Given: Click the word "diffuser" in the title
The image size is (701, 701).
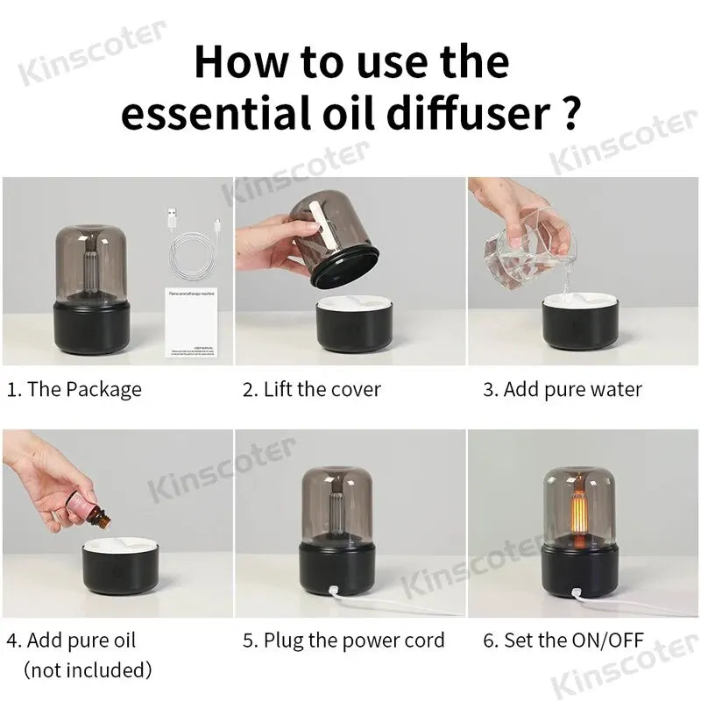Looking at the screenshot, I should coord(467,115).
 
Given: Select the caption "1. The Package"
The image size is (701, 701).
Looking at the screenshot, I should coord(74,389).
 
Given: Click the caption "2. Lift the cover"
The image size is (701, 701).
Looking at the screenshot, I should coord(311,389).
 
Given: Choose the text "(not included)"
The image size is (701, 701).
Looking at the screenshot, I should coord(88,670).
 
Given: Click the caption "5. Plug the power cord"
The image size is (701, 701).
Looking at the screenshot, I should coord(343,641).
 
